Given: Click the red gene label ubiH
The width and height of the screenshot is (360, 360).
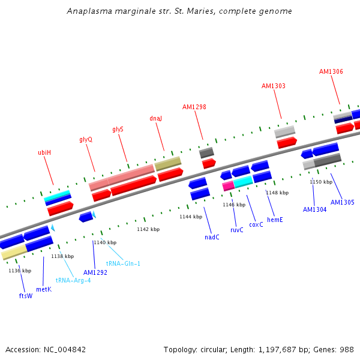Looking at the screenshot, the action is [x=44, y=152].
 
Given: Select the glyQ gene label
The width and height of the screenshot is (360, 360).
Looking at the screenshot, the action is [x=86, y=140].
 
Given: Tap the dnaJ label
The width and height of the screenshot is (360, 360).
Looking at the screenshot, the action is [x=155, y=118].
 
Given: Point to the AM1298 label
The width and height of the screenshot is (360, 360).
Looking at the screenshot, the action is [x=194, y=107].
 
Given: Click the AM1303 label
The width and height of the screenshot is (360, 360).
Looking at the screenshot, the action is [x=274, y=86].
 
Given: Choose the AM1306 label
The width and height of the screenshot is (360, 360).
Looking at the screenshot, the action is [x=331, y=71].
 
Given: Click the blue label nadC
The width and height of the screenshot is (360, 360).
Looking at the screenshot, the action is [x=212, y=237].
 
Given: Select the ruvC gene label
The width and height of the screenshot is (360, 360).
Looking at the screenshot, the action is [x=237, y=230].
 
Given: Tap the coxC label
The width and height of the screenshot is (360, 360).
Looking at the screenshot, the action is [x=256, y=224].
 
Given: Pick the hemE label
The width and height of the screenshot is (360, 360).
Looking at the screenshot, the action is [x=275, y=220].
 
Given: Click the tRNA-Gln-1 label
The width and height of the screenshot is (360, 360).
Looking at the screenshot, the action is [x=123, y=263].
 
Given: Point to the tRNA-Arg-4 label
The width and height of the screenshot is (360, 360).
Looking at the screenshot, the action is [x=73, y=280].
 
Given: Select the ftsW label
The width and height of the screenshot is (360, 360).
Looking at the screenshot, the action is [x=26, y=296].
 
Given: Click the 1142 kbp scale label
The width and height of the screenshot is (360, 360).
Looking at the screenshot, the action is [x=148, y=229].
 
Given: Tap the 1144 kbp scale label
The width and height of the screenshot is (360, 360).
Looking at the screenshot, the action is [x=191, y=217].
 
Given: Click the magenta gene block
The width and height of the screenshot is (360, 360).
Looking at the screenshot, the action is [x=228, y=186].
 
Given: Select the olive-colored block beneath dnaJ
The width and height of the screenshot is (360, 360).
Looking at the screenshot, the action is [x=168, y=163].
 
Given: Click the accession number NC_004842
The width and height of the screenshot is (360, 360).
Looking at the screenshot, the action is [x=65, y=350].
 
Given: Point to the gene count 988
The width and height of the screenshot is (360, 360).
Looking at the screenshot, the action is [x=347, y=350].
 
